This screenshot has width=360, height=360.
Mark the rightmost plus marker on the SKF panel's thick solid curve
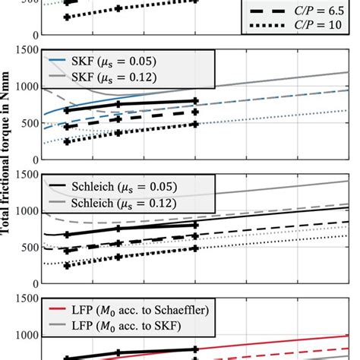tap(196, 100)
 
